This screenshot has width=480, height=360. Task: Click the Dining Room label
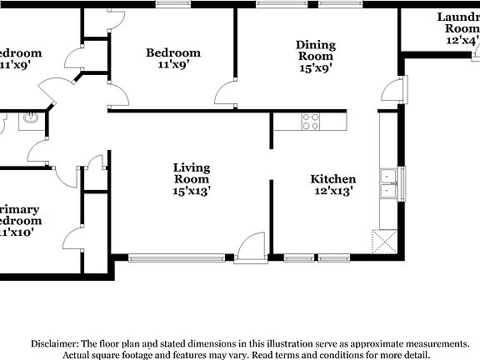point(317,51)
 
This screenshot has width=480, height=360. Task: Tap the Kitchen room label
point(333,179)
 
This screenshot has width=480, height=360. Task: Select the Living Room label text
point(192,173)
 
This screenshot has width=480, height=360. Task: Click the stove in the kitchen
point(312,122)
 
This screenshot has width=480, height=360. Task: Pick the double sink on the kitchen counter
point(389,183)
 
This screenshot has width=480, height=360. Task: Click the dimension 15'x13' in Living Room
point(192,192)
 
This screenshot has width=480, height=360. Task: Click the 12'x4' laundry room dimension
point(462,40)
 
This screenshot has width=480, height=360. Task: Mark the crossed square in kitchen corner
point(384,242)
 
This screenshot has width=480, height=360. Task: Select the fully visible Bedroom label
point(173,53)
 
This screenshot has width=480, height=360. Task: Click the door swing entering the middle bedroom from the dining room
point(225,93)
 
